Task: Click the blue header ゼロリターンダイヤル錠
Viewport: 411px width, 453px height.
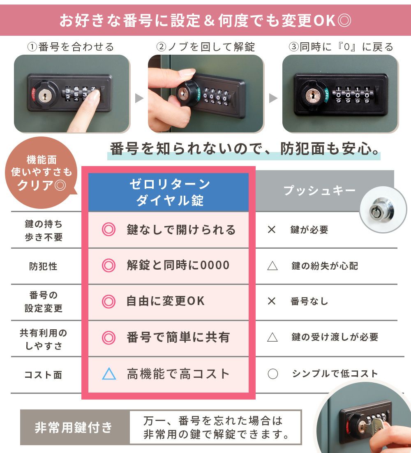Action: click(x=169, y=192)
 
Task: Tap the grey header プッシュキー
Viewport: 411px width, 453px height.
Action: click(x=319, y=190)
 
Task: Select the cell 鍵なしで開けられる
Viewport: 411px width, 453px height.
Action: click(x=169, y=230)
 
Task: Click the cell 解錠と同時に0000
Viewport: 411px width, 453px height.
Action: click(x=169, y=266)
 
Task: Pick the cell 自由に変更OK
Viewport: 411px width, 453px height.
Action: click(x=169, y=301)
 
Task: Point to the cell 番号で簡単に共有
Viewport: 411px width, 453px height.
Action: click(x=169, y=337)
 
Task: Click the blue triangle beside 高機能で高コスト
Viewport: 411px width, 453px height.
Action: click(x=109, y=374)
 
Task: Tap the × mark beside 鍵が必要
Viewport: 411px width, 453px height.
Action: click(x=272, y=230)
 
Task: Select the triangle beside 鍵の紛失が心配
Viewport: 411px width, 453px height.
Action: click(x=272, y=266)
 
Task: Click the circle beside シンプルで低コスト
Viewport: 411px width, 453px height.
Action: click(x=272, y=374)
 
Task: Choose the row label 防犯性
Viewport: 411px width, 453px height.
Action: click(x=43, y=266)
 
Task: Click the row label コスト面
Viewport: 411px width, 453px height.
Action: click(x=43, y=375)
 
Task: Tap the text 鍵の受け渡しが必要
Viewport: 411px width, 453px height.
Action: click(x=335, y=337)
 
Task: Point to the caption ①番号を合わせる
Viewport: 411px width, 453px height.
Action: click(x=71, y=47)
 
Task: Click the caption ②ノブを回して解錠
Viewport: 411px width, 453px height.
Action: click(x=205, y=47)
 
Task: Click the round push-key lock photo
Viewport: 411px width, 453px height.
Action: click(x=383, y=210)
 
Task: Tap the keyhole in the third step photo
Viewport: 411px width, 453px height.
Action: click(x=312, y=94)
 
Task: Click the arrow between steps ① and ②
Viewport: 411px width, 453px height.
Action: click(x=139, y=98)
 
